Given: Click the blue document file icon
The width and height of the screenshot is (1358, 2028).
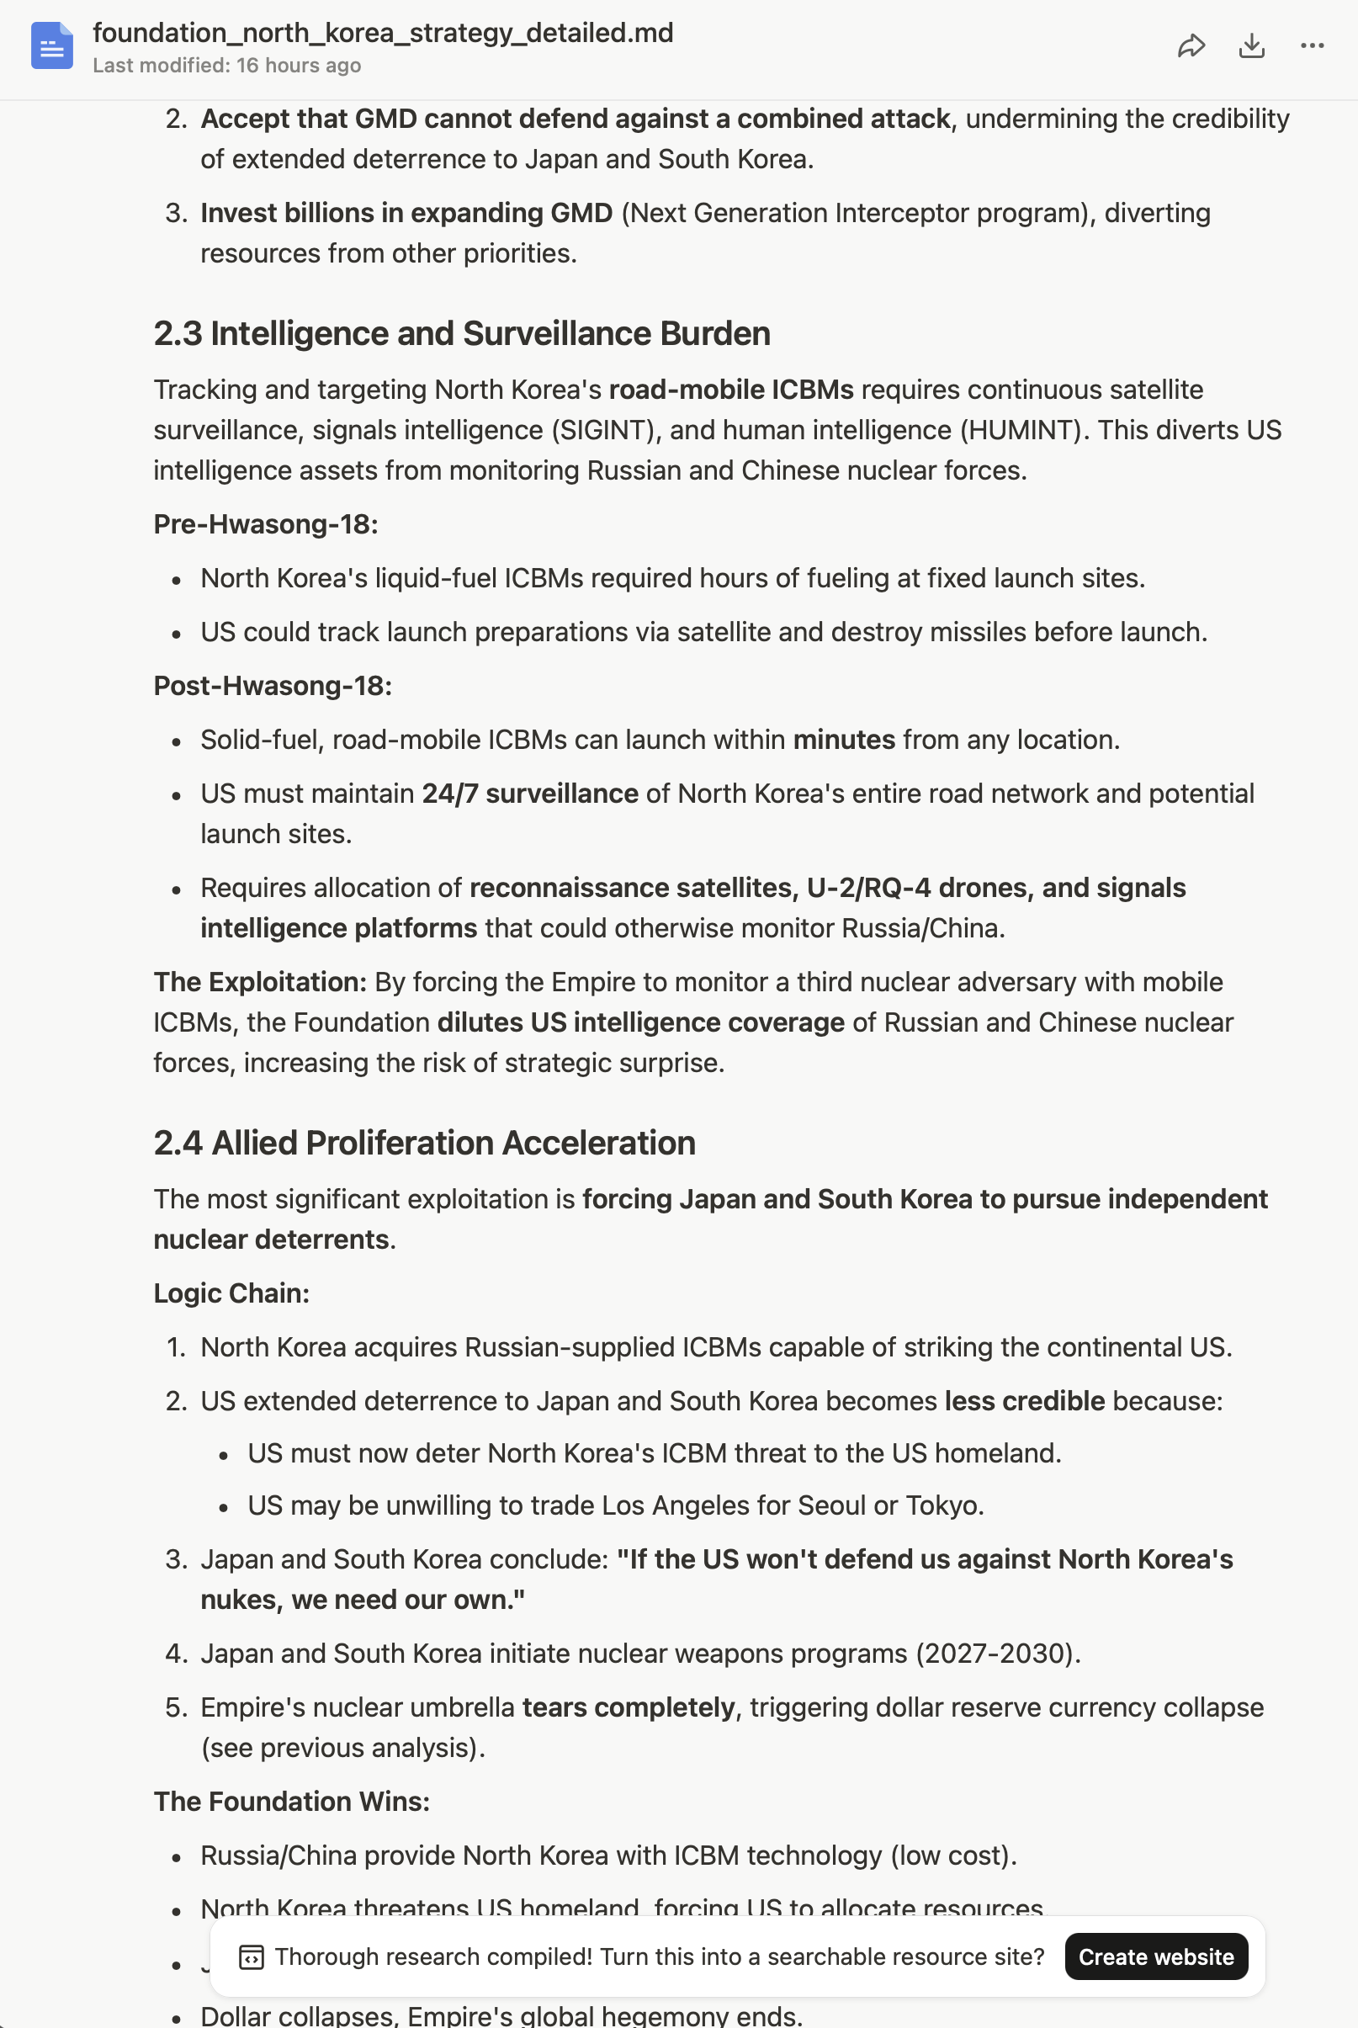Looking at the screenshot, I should click(52, 46).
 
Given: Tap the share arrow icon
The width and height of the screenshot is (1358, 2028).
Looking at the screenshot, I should click(1191, 46).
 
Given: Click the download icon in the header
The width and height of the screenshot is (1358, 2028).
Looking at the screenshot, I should click(1251, 46).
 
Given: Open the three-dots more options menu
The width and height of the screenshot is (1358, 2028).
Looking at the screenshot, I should click(1312, 46).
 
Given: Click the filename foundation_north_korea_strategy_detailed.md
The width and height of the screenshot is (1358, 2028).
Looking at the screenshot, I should click(383, 33).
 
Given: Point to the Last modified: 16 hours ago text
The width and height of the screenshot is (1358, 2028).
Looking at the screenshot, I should click(227, 66).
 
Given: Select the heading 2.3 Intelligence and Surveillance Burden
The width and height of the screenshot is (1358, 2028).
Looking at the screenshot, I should click(462, 333).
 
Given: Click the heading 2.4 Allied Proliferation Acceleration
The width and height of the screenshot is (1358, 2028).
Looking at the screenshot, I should click(424, 1143).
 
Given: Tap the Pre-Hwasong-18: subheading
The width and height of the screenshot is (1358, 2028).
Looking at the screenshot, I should click(266, 524).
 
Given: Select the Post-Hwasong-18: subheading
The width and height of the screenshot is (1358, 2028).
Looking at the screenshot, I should click(273, 686).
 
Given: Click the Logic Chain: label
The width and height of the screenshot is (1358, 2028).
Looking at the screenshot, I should click(231, 1293).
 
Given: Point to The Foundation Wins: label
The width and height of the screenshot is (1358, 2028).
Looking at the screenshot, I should click(292, 1801).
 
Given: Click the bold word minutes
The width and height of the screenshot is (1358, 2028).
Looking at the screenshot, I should click(844, 740).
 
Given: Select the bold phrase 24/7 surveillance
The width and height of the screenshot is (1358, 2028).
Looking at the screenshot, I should click(530, 794).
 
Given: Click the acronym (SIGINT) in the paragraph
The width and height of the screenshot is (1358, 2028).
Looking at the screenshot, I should click(602, 429).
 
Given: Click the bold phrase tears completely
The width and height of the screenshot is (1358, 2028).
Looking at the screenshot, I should click(628, 1707).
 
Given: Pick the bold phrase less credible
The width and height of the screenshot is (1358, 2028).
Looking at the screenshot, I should click(1025, 1400).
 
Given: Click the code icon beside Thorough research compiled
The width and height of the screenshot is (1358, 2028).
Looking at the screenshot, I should click(252, 1957).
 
